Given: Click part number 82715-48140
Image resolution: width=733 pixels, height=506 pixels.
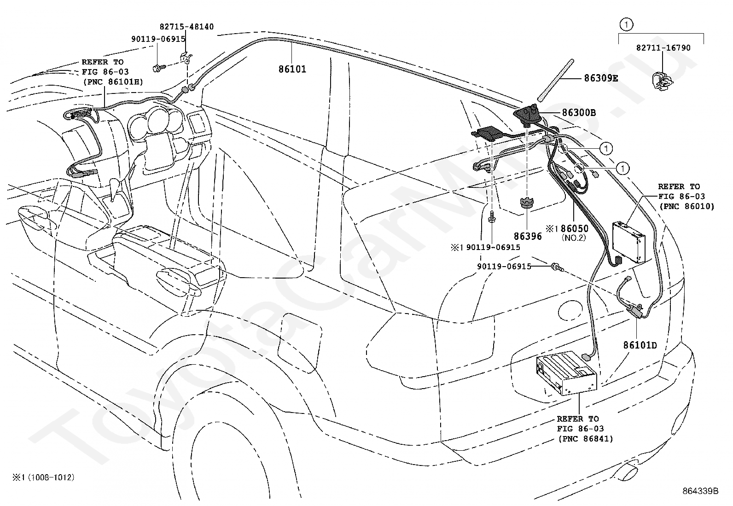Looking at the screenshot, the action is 186,27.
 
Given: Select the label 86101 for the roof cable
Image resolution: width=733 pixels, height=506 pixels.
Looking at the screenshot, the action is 292,69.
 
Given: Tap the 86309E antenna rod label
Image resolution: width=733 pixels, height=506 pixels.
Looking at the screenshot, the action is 601,78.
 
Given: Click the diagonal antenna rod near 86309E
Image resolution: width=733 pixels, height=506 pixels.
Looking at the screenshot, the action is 555,80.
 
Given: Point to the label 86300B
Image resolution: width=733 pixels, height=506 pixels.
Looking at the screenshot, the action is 579,113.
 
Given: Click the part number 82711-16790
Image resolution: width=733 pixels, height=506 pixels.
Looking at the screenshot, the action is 663,48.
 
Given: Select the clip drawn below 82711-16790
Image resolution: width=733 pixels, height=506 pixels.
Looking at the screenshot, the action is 662,81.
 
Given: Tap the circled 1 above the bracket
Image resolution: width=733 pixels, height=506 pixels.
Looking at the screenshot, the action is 626,24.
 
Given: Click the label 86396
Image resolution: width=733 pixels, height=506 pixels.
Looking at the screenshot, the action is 528,236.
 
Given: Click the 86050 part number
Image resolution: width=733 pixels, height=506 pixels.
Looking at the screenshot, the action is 575,228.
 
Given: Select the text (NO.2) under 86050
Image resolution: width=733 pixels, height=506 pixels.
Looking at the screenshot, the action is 574,238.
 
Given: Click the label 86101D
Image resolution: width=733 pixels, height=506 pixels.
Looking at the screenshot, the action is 640,345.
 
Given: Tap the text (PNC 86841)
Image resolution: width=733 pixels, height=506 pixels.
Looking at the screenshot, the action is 586,439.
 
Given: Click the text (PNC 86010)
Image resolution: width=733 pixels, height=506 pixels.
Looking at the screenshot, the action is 687,207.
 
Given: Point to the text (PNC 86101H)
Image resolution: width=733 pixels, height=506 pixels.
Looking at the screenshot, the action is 113,82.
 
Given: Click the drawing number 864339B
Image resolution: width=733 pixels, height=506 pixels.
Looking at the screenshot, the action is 700,491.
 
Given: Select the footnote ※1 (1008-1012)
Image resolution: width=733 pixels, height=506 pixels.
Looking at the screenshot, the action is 44,477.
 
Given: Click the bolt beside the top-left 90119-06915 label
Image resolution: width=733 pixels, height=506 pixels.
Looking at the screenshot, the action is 158,69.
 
